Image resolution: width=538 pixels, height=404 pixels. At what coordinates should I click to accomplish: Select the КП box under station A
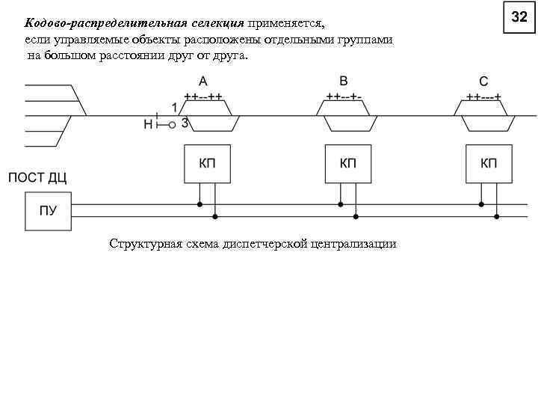(x=207, y=164)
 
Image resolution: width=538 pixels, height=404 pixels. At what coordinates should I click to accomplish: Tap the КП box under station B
(x=347, y=164)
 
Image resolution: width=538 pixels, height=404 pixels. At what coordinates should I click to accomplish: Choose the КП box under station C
(x=489, y=164)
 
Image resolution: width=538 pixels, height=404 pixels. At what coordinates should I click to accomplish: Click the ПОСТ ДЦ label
(x=37, y=177)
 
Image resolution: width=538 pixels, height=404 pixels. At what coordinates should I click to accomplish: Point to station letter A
(x=202, y=82)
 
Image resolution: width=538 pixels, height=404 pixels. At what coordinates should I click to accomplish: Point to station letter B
(x=344, y=81)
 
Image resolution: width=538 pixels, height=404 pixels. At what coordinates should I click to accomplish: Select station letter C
(x=484, y=82)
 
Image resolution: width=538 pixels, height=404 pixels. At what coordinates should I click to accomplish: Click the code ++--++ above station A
(x=203, y=97)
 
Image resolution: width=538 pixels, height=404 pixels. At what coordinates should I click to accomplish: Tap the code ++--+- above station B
(x=344, y=97)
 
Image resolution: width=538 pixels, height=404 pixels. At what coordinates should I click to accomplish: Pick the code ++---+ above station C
(x=484, y=97)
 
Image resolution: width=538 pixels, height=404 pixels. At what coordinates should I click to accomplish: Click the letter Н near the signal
(x=148, y=124)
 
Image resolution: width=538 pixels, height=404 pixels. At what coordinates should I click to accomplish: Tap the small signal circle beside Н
(x=172, y=125)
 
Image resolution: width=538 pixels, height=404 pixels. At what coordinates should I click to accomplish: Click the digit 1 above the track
(x=174, y=106)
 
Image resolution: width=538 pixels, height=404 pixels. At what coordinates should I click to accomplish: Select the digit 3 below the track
(x=185, y=123)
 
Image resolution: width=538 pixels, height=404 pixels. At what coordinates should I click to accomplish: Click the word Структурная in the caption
(x=141, y=244)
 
